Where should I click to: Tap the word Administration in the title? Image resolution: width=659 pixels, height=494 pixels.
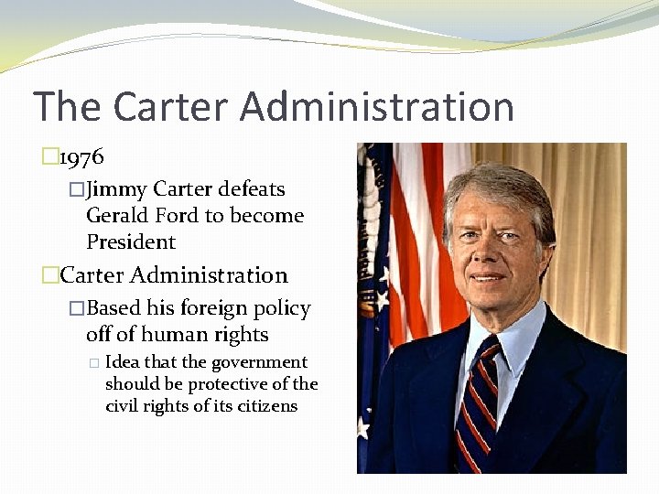378,106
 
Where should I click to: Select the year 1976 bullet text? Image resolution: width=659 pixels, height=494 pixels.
81,157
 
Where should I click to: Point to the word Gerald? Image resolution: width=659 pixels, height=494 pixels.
118,216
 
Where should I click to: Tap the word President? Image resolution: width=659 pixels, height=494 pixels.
130,242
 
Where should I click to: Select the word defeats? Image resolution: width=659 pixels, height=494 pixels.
253,189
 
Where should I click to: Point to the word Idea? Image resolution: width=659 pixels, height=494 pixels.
123,362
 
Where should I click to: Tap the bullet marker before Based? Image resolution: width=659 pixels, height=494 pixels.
77,309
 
